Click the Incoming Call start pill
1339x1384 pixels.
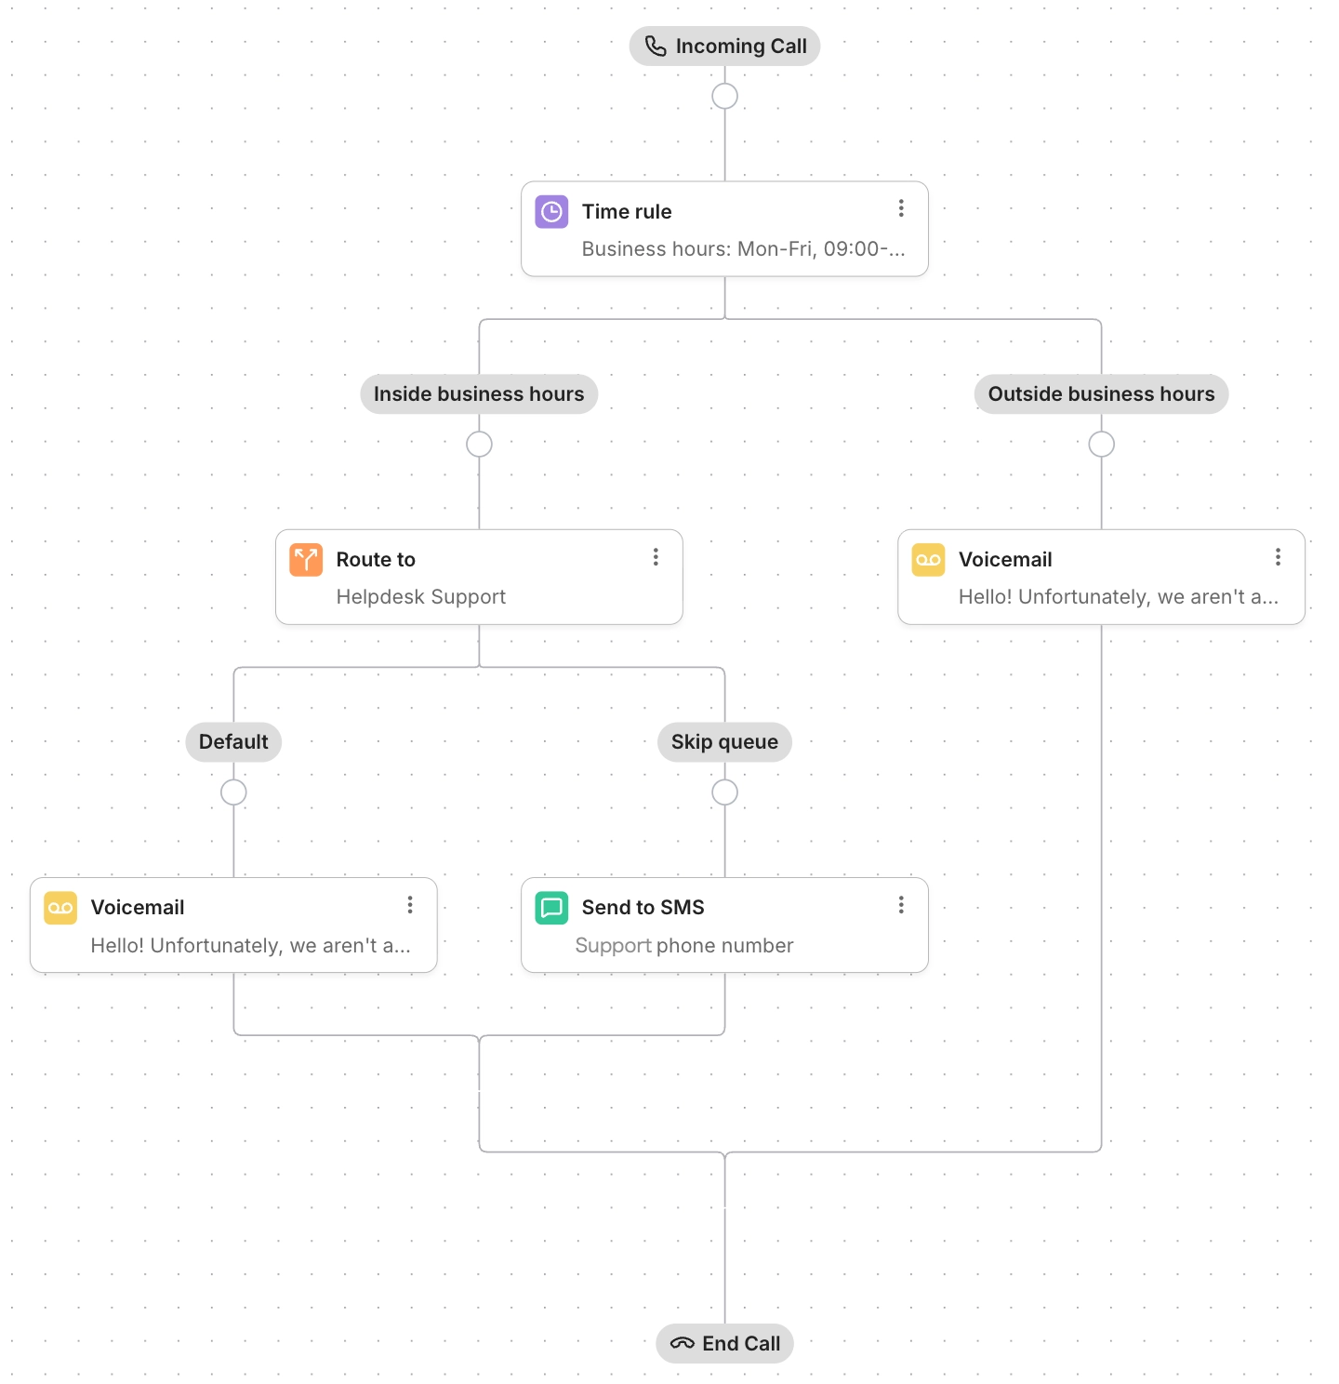coord(724,47)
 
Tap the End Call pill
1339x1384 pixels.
coord(724,1343)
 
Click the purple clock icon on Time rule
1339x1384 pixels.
coord(551,212)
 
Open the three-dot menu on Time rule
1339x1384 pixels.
coord(900,208)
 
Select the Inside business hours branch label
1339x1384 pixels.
coord(479,394)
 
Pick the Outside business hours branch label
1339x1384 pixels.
coord(1101,394)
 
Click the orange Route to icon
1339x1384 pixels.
coord(306,560)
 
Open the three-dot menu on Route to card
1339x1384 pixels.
coord(656,556)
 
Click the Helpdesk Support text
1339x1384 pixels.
coord(420,597)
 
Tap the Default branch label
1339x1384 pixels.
coord(233,742)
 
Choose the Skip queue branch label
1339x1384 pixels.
coord(724,742)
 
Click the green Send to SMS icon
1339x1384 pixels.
coord(551,908)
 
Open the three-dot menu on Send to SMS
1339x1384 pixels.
coord(900,905)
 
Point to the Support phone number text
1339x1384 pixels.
coord(683,946)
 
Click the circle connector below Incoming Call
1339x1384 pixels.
coord(724,96)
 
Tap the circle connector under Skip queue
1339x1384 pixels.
coord(724,792)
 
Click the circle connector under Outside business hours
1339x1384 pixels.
coord(1101,445)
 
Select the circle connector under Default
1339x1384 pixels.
coord(233,792)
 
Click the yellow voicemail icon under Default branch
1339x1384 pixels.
coord(60,908)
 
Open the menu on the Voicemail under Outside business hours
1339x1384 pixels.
coord(1278,556)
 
